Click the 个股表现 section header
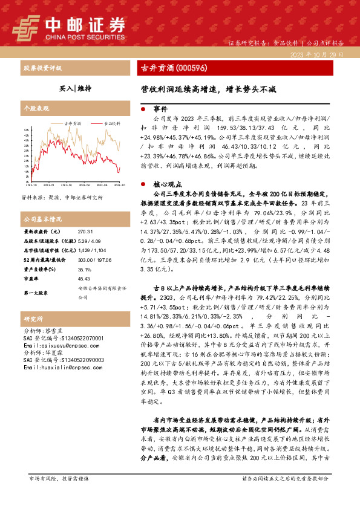click(36, 108)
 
